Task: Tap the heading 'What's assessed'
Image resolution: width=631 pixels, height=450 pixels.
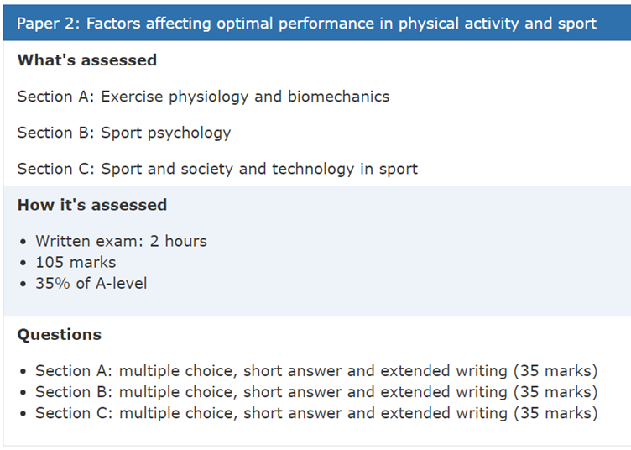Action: pyautogui.click(x=87, y=60)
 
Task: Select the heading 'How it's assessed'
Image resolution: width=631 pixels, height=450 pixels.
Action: pyautogui.click(x=92, y=205)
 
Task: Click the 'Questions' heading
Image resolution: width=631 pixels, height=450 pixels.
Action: pyautogui.click(x=60, y=335)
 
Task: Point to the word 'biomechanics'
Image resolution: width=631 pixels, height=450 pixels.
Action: pyautogui.click(x=338, y=97)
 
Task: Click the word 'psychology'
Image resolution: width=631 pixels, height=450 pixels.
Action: pyautogui.click(x=189, y=133)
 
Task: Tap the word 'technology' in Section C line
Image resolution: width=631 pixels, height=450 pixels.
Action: pyautogui.click(x=313, y=169)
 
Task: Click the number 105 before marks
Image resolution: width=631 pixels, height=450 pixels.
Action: pyautogui.click(x=50, y=263)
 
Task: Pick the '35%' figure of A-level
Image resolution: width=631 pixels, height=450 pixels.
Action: pyautogui.click(x=53, y=284)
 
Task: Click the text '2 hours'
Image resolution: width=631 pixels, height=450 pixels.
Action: pyautogui.click(x=178, y=241)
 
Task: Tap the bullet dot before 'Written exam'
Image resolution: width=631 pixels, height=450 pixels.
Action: pyautogui.click(x=23, y=243)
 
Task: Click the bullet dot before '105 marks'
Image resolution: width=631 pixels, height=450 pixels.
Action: pyautogui.click(x=23, y=264)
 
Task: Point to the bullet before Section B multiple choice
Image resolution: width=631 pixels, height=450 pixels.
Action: pyautogui.click(x=23, y=393)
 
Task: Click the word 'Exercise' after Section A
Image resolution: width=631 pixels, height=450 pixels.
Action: pyautogui.click(x=132, y=97)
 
